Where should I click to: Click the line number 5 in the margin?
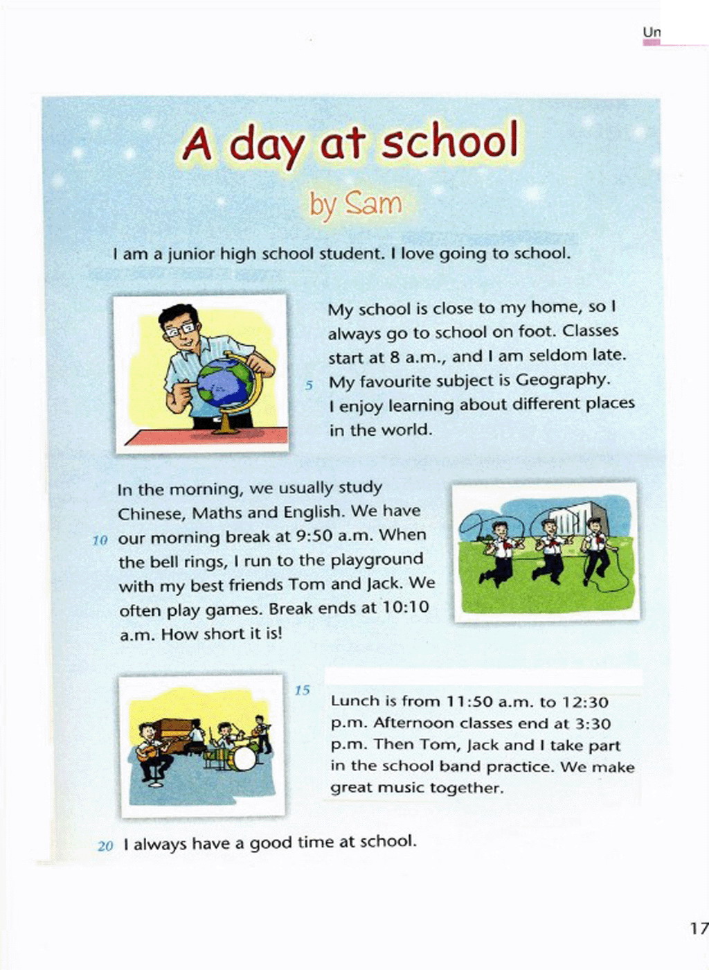[309, 385]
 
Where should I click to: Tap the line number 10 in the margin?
[100, 540]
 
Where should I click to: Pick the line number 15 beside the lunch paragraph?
[303, 690]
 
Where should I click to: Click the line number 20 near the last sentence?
[105, 846]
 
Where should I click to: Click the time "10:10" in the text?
[406, 608]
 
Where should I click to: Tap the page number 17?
[698, 928]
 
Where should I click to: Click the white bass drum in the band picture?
[243, 759]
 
